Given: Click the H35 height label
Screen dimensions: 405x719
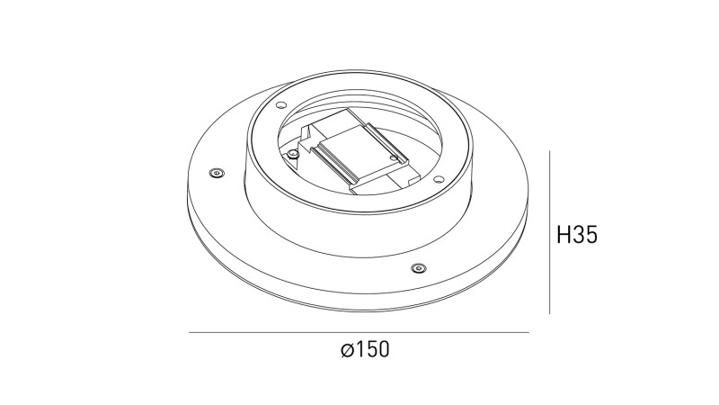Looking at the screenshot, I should [577, 236].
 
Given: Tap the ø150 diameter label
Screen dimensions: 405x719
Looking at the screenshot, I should [366, 350].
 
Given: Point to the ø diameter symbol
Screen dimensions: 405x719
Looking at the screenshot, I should [348, 351].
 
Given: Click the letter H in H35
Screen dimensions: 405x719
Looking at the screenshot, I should [564, 236].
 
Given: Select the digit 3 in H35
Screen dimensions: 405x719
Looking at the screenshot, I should [578, 236].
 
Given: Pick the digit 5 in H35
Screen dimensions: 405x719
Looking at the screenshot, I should [590, 236].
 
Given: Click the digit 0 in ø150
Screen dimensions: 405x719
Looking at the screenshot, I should [383, 350].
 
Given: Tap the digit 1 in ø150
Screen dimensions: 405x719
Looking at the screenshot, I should [359, 350].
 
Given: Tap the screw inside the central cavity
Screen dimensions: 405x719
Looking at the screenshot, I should [294, 154].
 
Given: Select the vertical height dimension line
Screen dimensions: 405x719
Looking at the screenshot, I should [550, 232].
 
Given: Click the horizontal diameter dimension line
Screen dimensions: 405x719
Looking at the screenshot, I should [359, 333].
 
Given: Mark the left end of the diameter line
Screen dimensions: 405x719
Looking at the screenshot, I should [189, 333].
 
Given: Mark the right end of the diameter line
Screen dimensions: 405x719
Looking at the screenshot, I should [529, 333].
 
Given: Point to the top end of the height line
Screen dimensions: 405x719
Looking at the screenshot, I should [550, 152].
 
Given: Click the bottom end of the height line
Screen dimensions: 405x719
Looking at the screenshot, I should [550, 313].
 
